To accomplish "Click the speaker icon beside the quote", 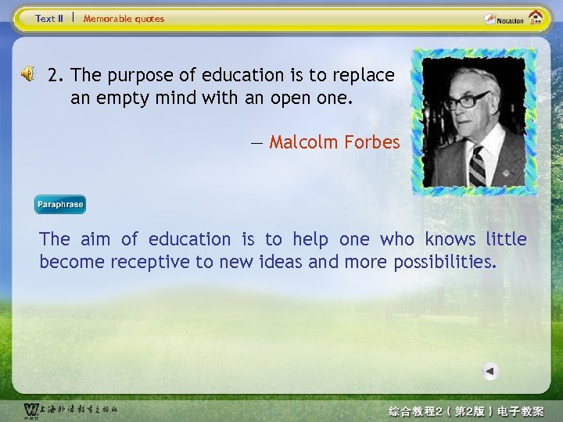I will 27,74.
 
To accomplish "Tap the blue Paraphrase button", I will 59,205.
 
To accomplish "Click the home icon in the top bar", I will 536,17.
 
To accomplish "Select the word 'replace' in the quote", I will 364,76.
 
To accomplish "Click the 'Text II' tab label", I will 49,18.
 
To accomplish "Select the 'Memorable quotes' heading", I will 124,18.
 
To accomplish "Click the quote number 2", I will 54,76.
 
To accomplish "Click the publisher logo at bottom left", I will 31,409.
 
